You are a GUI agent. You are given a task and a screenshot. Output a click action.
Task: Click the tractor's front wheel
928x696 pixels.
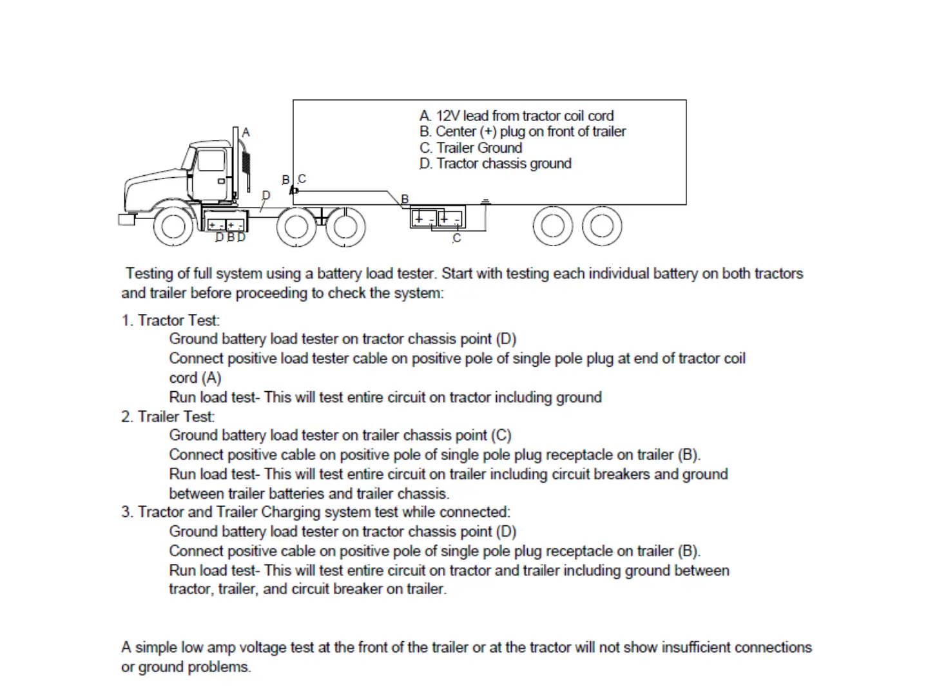click(173, 226)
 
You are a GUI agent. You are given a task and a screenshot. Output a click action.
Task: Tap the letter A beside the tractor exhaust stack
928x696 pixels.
click(246, 132)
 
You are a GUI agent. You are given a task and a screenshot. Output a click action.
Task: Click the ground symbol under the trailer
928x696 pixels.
click(486, 202)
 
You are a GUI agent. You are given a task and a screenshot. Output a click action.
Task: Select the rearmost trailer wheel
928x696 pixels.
click(602, 226)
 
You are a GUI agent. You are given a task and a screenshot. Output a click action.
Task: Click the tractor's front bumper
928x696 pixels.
click(126, 220)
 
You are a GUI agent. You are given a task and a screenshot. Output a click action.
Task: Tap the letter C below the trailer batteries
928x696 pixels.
click(457, 238)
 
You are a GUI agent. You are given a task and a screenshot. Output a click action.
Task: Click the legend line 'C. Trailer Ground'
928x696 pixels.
click(470, 148)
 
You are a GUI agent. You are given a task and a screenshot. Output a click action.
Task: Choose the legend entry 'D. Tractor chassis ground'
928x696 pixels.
click(495, 164)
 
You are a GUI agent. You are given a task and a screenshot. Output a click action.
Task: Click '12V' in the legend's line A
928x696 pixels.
click(448, 116)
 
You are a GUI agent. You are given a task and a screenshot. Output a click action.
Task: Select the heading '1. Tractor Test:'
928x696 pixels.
click(171, 320)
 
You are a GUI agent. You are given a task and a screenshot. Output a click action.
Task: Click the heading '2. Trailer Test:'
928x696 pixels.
click(168, 417)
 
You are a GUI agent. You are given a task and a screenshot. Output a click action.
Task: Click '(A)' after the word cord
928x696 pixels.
click(211, 378)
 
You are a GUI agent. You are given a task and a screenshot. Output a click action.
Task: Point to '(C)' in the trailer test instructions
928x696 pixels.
click(501, 436)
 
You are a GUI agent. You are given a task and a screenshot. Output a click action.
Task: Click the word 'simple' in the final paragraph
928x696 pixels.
click(156, 648)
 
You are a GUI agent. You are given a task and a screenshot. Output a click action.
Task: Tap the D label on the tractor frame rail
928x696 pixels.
click(266, 195)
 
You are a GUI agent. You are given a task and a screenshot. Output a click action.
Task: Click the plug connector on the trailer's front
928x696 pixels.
click(294, 190)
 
